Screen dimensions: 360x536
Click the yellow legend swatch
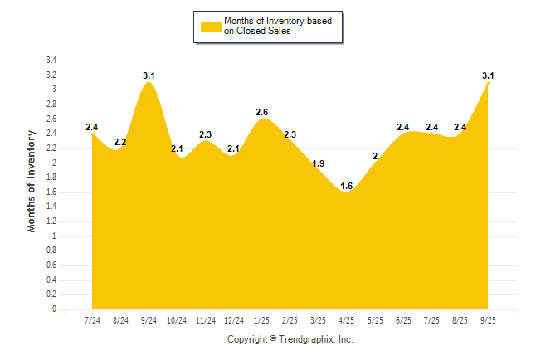click(211, 26)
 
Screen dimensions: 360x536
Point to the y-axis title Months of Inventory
click(32, 181)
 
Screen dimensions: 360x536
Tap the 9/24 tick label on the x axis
click(149, 320)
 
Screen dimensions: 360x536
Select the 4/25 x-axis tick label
click(347, 320)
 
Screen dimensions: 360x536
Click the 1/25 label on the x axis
click(262, 320)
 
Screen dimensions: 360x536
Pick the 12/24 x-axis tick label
click(234, 320)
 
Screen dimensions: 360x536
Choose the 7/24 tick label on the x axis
click(92, 320)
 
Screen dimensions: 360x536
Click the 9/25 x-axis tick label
click(489, 320)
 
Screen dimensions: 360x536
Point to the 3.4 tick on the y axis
click(51, 61)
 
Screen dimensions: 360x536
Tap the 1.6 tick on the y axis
click(51, 192)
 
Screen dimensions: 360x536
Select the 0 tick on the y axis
click(55, 309)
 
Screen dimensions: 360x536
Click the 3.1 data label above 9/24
click(149, 75)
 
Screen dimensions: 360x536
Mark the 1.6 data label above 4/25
click(347, 186)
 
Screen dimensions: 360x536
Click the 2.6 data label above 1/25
click(262, 112)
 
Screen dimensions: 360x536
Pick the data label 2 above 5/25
click(375, 156)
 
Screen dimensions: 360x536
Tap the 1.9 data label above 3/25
click(319, 163)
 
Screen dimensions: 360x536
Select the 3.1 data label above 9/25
click(489, 75)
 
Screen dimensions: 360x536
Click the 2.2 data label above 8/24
click(120, 142)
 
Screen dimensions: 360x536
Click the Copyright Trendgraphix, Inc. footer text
click(290, 339)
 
